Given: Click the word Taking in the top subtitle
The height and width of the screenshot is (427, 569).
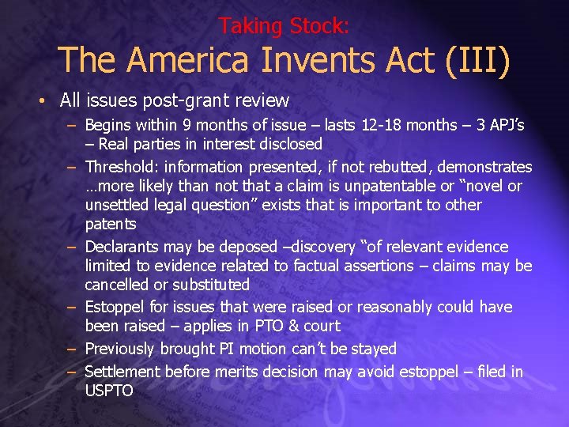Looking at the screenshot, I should pyautogui.click(x=243, y=26).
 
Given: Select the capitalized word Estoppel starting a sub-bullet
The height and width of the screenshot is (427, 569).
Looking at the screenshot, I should pyautogui.click(x=114, y=307).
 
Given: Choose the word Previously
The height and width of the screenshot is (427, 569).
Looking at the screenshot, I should pyautogui.click(x=120, y=349).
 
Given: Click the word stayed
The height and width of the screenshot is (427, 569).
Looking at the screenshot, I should pyautogui.click(x=373, y=349).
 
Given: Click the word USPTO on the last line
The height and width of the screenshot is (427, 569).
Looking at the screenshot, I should pyautogui.click(x=109, y=391).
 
